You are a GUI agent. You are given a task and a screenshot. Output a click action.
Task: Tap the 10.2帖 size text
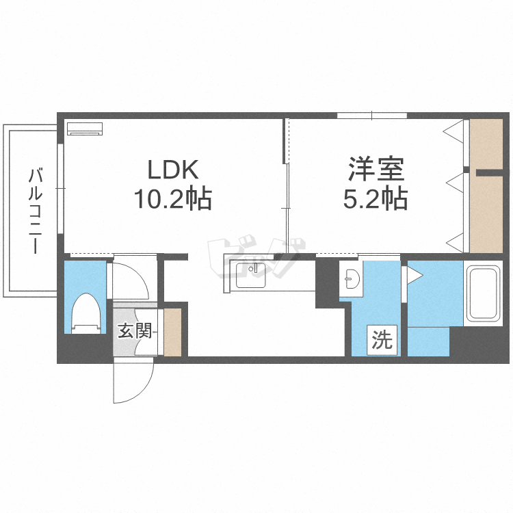tap(172, 200)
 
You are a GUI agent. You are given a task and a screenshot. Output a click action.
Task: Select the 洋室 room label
tap(376, 169)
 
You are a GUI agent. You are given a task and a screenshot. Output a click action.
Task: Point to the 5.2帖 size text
tap(375, 200)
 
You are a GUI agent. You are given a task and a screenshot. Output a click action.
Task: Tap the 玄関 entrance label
tap(134, 331)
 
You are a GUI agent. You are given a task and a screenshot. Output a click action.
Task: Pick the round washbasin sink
tap(353, 279)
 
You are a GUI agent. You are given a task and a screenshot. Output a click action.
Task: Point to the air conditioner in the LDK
tap(84, 128)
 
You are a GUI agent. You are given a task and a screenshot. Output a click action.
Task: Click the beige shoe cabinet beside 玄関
tap(172, 332)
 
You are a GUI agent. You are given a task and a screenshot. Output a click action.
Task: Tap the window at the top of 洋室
tap(371, 115)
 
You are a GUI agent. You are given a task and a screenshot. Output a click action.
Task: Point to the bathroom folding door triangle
tap(415, 275)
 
